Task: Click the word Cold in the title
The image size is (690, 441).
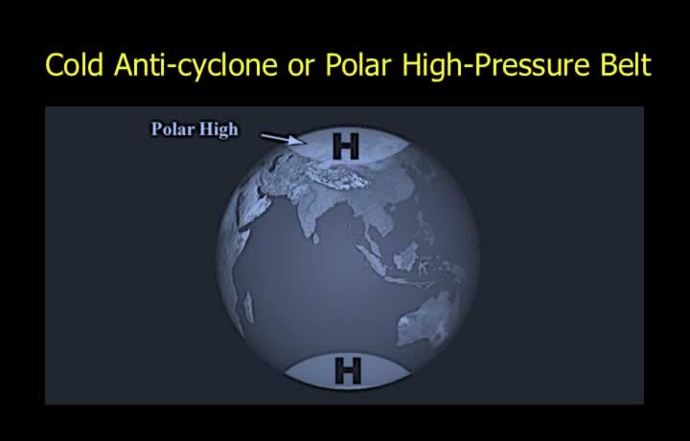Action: tap(74, 65)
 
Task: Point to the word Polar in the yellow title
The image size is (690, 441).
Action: tap(357, 65)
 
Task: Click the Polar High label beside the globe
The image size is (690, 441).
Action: tap(195, 129)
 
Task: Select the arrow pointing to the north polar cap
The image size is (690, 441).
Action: tap(284, 139)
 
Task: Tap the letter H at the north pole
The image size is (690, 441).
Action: tap(346, 146)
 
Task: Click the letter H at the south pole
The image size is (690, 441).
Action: tap(348, 371)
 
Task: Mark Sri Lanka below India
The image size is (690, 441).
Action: tap(315, 239)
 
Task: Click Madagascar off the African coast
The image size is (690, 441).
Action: tap(248, 307)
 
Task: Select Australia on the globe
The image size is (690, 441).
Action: tap(425, 319)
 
